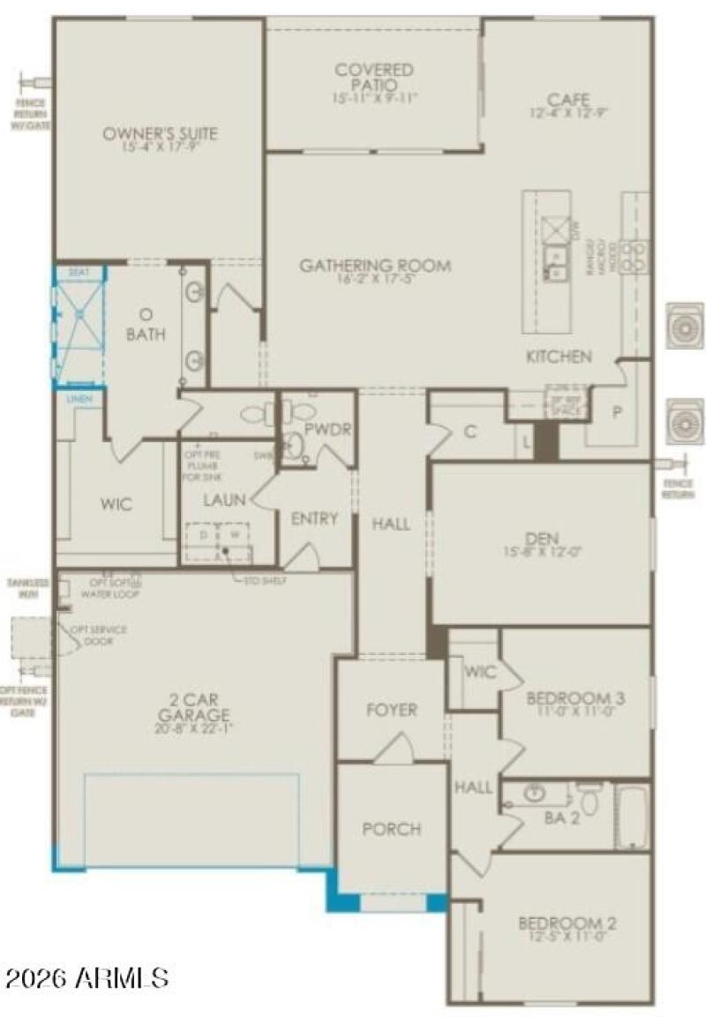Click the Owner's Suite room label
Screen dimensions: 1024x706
(160, 134)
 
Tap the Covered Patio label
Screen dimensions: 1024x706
(374, 70)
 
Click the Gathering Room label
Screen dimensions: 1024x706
(374, 266)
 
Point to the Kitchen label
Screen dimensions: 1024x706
(559, 357)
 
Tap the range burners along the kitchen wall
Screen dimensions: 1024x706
(634, 256)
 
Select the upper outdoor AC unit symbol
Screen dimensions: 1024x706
(685, 326)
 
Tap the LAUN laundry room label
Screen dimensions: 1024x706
(224, 501)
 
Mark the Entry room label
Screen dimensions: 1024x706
(314, 519)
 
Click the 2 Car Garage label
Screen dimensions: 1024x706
(194, 708)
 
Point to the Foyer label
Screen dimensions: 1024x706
(391, 710)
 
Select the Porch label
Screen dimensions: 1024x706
(391, 829)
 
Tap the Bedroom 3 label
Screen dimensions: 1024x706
(575, 699)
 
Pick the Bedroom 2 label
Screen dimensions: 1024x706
(567, 924)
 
